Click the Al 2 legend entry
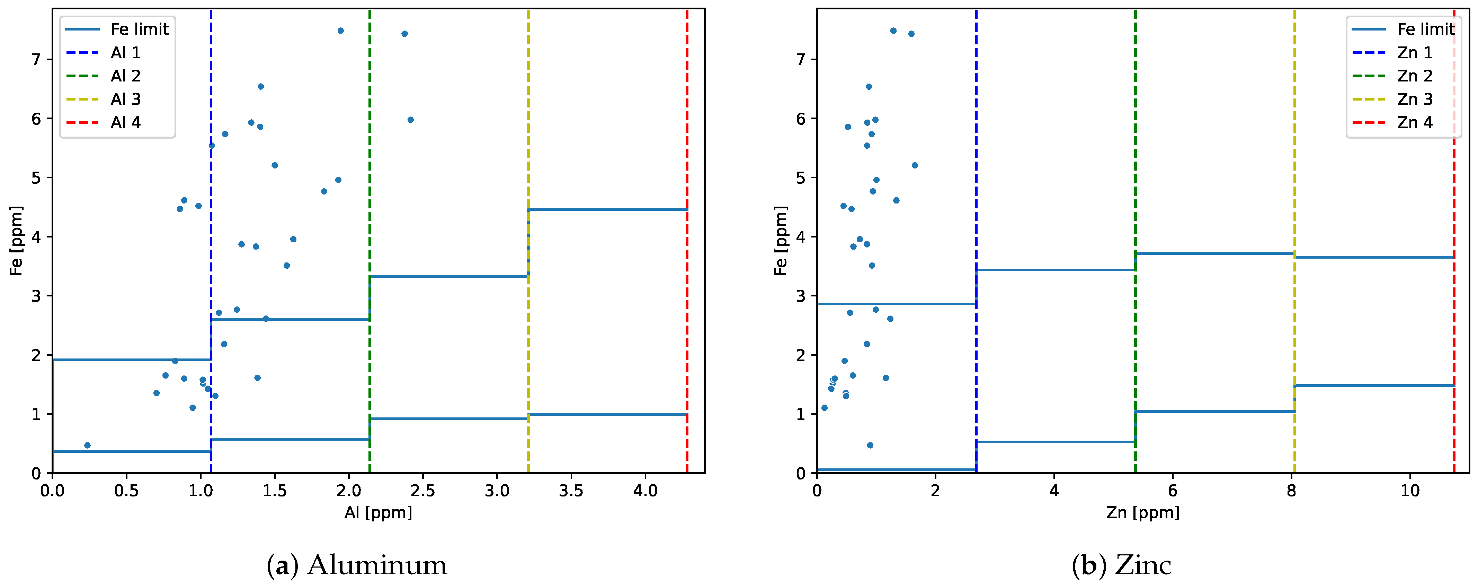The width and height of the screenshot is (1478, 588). click(125, 76)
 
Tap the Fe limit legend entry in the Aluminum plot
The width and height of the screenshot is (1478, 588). click(140, 29)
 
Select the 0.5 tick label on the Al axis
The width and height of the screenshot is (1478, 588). click(126, 491)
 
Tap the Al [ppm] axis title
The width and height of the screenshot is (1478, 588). click(378, 512)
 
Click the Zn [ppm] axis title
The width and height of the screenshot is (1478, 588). click(1143, 512)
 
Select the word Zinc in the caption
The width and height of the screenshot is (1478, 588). click(1143, 565)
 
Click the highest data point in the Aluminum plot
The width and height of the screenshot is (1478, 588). click(340, 31)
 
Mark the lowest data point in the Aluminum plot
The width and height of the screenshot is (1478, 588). click(87, 445)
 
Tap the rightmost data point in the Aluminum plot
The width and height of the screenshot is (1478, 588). click(410, 119)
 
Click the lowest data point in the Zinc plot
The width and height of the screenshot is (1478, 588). click(870, 445)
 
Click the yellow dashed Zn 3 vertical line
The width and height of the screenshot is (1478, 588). click(1294, 172)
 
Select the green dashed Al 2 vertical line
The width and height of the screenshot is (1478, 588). click(369, 172)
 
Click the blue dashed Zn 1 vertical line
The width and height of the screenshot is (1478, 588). click(976, 172)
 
